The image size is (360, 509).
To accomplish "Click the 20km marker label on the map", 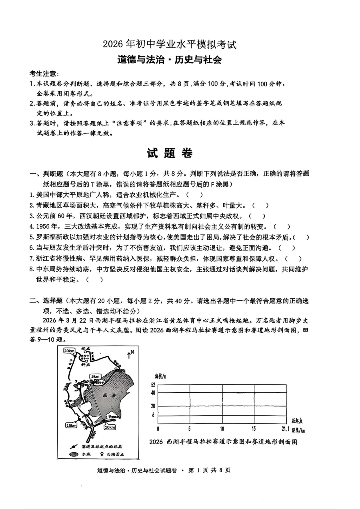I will tap(69, 351).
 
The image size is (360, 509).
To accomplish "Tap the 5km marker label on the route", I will tap(95, 377).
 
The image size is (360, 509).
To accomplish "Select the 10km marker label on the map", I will tap(110, 427).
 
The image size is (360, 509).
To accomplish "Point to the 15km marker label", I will tap(71, 425).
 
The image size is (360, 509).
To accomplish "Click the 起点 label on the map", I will tap(86, 349).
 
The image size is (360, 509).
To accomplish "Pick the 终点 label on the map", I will tap(86, 364).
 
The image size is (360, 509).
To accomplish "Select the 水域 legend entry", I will tap(79, 454).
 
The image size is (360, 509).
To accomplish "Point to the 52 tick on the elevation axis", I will tap(153, 385).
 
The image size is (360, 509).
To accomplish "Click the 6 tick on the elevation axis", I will tap(153, 415).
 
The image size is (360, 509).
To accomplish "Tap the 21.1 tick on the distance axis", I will tap(286, 429).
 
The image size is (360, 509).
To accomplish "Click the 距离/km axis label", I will tap(298, 430).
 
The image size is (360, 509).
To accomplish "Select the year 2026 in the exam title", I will tap(113, 44).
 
